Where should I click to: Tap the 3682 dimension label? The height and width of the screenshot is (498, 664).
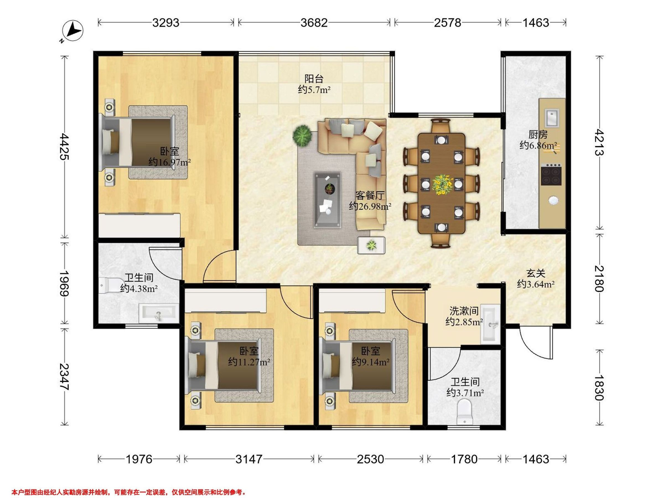point(314,23)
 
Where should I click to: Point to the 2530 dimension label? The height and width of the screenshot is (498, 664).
point(370,459)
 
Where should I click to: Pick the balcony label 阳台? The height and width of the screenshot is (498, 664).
point(314,79)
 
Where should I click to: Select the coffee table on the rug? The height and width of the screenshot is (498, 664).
point(328,200)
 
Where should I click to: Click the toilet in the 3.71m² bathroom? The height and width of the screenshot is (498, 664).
point(464,413)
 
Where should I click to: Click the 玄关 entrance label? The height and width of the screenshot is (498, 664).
point(536,273)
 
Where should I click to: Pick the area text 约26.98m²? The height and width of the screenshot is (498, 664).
point(370,206)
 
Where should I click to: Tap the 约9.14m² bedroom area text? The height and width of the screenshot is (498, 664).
point(370,362)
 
